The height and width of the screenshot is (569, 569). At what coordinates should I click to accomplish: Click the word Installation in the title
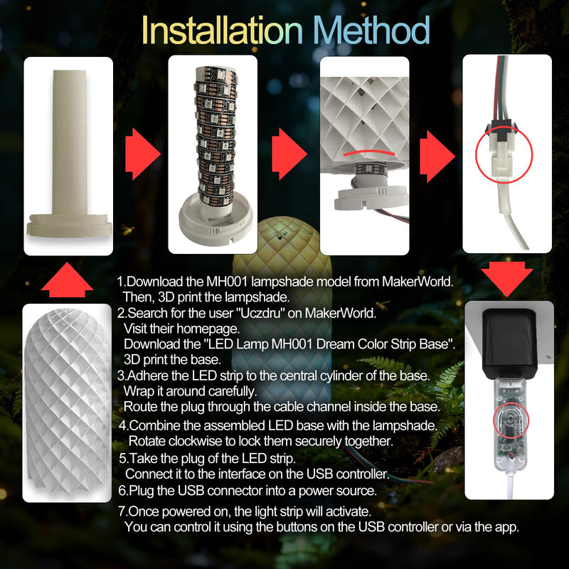222,31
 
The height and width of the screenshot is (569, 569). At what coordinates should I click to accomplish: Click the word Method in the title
371,31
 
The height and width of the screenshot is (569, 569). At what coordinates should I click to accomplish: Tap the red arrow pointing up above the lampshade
67,280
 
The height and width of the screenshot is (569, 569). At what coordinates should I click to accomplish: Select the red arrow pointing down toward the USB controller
507,278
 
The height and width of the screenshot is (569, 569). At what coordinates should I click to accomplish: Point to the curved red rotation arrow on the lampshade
369,153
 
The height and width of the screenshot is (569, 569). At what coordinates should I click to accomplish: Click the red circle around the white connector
504,155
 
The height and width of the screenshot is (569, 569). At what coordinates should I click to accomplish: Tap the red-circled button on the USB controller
511,420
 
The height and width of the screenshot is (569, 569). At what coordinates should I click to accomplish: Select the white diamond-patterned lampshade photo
68,403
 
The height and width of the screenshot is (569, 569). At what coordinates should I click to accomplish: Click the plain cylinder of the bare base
69,142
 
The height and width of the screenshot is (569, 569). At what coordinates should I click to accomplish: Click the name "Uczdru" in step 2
259,313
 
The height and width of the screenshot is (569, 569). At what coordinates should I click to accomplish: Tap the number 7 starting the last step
122,511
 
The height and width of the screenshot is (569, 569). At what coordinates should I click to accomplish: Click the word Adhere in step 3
147,376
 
